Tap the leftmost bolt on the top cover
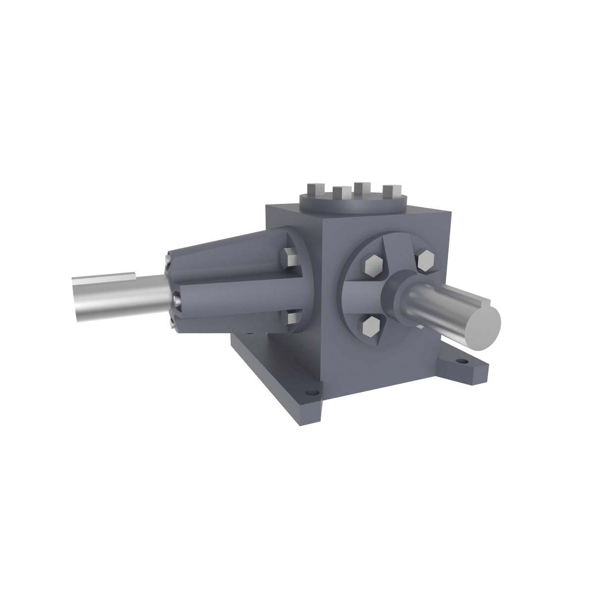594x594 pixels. [315, 190]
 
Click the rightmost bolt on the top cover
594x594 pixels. [392, 191]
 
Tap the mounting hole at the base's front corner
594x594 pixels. [310, 395]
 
